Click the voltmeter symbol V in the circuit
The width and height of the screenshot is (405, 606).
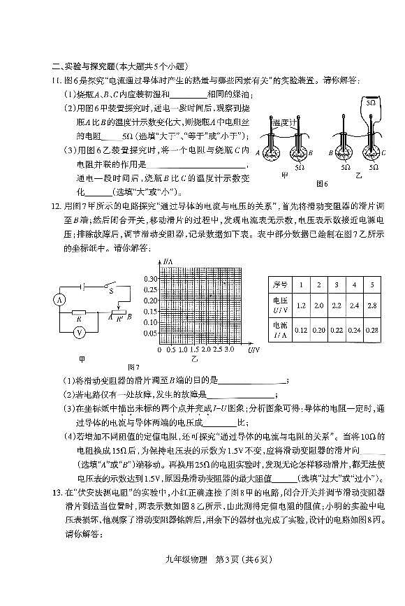pyautogui.click(x=80, y=333)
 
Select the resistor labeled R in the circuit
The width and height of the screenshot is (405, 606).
pyautogui.click(x=80, y=315)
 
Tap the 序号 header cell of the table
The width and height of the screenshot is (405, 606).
pyautogui.click(x=281, y=285)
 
